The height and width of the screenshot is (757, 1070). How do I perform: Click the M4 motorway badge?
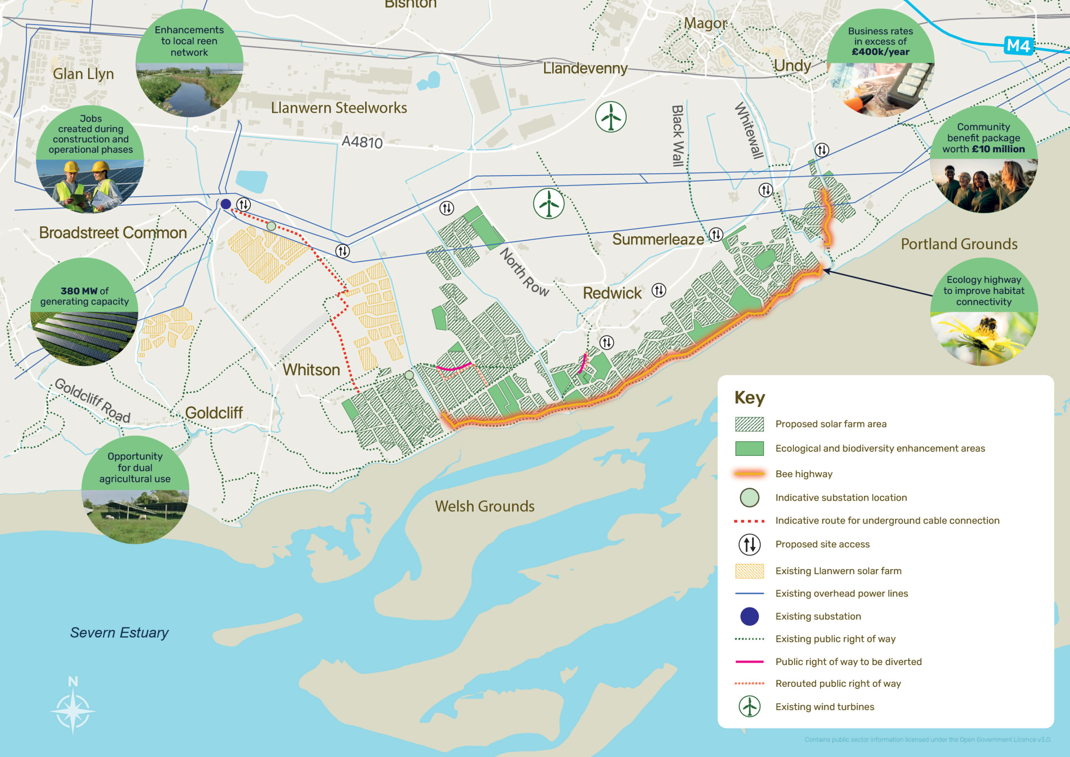click(1018, 46)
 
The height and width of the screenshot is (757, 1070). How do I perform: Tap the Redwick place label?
click(612, 293)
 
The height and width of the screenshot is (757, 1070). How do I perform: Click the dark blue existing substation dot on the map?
click(226, 204)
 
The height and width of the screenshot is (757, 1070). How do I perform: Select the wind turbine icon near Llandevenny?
click(611, 117)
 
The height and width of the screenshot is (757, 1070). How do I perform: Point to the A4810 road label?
click(362, 142)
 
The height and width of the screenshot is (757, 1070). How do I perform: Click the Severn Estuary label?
click(119, 632)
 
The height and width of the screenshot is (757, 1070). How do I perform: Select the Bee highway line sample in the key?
click(749, 474)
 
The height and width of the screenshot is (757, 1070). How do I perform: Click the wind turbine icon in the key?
click(749, 707)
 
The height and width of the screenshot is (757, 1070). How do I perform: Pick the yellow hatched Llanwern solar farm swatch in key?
click(749, 571)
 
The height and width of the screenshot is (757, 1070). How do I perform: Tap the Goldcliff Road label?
click(92, 400)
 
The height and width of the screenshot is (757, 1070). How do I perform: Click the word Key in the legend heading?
click(749, 397)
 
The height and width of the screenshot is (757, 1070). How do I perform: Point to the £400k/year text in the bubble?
click(880, 52)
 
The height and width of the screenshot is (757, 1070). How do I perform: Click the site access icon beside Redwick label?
click(658, 290)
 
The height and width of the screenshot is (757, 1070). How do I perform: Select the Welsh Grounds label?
click(485, 506)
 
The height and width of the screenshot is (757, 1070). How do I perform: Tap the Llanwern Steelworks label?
click(339, 108)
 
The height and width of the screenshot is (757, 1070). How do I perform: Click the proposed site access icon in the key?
click(749, 544)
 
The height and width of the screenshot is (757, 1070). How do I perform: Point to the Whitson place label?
click(311, 370)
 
